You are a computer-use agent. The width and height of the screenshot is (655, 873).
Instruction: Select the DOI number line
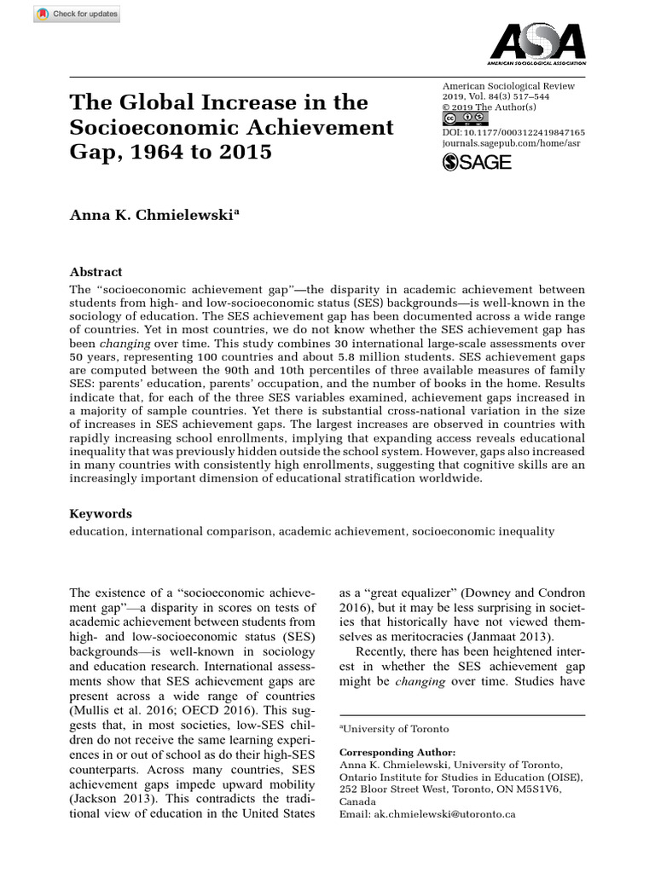[513, 133]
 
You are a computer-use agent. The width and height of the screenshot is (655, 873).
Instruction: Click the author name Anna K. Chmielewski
[154, 215]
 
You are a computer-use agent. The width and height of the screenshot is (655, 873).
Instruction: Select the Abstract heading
[96, 271]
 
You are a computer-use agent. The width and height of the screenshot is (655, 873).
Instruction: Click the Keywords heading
[101, 514]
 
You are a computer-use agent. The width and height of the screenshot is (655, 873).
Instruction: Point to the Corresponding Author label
[397, 753]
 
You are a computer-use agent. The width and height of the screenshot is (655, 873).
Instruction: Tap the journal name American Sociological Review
[508, 86]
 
